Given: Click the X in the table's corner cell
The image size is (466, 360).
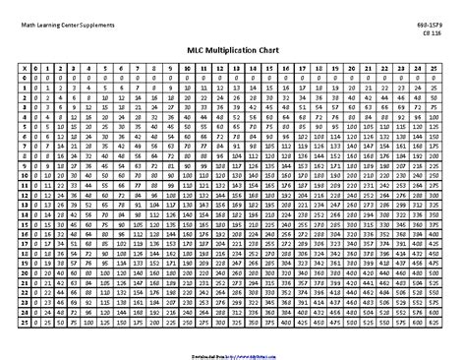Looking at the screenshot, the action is [23, 67].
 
